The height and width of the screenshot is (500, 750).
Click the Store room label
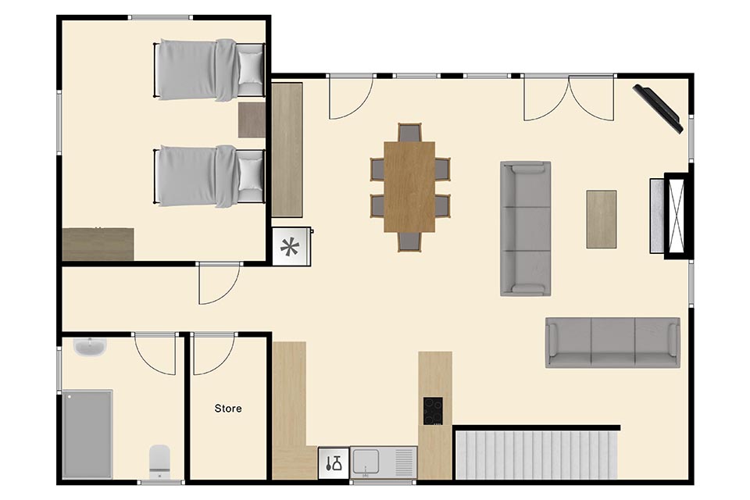[x=227, y=408]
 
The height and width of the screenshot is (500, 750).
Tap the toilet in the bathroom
[x=159, y=461]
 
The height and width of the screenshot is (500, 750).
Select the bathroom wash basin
[x=90, y=347]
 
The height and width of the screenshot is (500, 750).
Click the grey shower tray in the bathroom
[x=87, y=434]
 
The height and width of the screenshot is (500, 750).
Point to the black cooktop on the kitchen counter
[x=432, y=411]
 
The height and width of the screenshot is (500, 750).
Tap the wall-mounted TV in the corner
[x=658, y=109]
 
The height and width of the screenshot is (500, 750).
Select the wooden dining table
[x=409, y=187]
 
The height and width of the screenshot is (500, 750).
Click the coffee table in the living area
[x=602, y=219]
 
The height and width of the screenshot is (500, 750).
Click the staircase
[x=537, y=455]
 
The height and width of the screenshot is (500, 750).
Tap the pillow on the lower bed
[x=250, y=174]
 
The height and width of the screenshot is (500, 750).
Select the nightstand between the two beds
[x=252, y=120]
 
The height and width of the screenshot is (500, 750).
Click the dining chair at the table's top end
[x=409, y=133]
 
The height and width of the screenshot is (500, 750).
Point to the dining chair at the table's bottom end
[x=409, y=241]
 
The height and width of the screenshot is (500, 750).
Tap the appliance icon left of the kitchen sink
[x=334, y=462]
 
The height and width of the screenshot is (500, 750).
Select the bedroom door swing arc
[x=225, y=293]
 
